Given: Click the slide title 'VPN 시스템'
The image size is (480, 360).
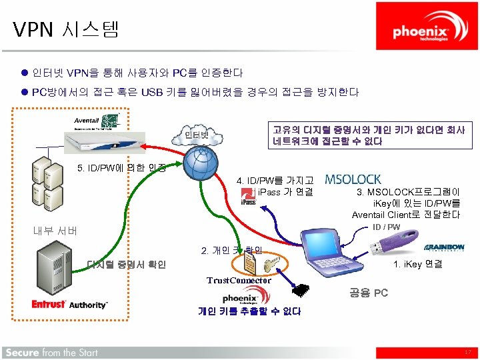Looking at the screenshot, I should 65,29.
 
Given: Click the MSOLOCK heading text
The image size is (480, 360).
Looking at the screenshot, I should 353,179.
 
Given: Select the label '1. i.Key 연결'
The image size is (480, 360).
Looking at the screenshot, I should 418,263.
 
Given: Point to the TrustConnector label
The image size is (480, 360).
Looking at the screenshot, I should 239,280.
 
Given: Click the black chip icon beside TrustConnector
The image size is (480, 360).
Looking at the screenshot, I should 302,289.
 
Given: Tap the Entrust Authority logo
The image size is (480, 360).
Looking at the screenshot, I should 70,304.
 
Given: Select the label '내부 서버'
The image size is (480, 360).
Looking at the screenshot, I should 55,231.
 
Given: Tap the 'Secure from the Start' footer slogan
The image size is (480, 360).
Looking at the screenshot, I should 52,352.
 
